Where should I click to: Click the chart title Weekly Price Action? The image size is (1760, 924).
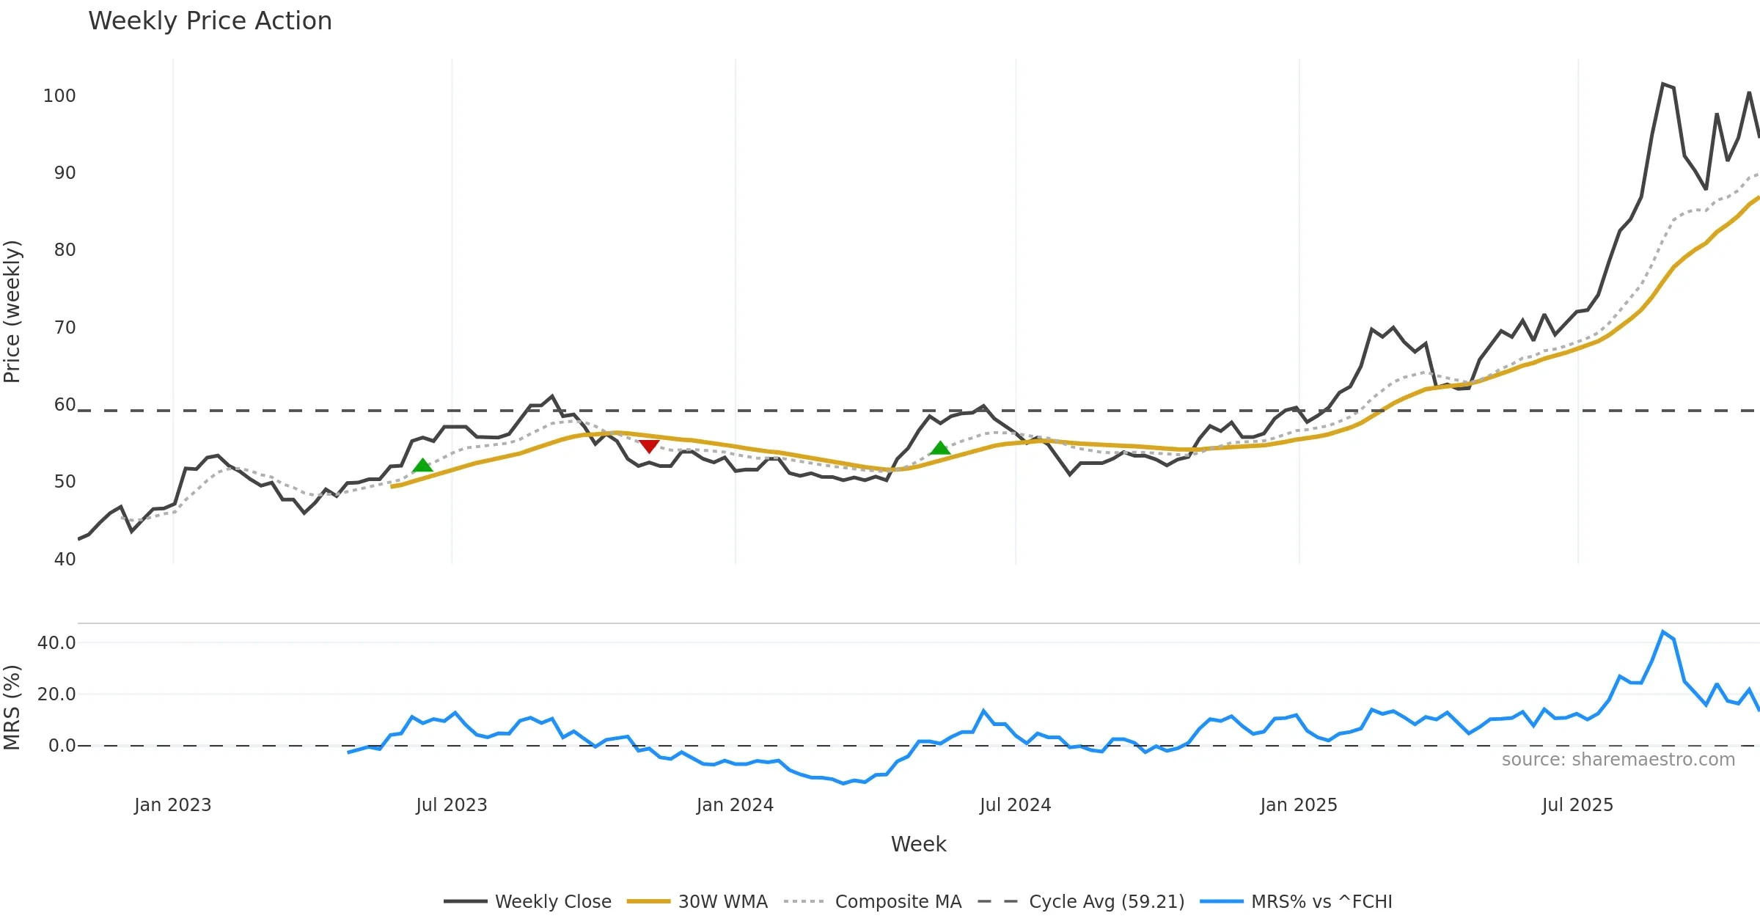point(210,21)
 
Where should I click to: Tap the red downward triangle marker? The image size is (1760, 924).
point(649,446)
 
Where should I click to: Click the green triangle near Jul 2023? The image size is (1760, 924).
point(422,466)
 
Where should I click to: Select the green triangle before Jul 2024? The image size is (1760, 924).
point(940,448)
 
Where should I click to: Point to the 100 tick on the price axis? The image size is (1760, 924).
point(59,96)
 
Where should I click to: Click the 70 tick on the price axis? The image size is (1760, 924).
point(65,328)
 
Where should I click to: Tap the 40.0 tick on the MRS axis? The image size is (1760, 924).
point(56,643)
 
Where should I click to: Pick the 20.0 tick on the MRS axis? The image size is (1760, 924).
point(56,694)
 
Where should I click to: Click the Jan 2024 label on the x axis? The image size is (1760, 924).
point(735,805)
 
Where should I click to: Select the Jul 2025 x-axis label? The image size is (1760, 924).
point(1577,805)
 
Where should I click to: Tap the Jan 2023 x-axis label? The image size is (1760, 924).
point(173,805)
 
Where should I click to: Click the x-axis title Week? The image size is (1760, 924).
point(918,845)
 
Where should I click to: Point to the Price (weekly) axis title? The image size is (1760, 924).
point(12,312)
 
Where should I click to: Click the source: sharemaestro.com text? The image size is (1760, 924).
point(1618,760)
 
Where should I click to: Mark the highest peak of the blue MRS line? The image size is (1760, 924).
point(1663,632)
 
